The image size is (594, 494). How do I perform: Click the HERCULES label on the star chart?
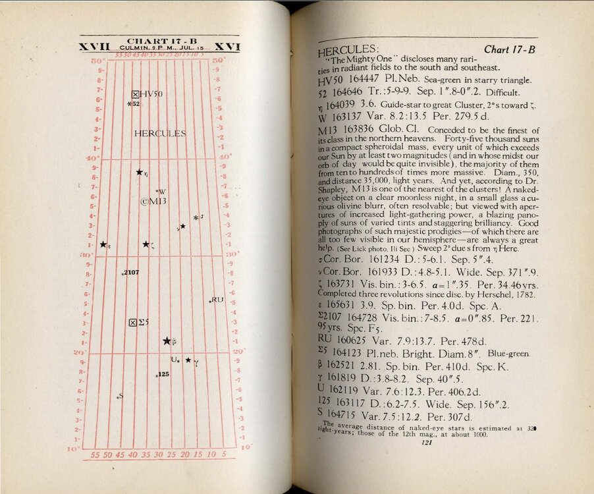160,134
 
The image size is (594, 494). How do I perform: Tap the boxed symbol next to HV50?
135,94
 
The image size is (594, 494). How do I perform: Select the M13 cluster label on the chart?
152,202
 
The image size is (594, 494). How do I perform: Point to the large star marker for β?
167,341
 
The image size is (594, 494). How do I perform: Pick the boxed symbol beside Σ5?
133,322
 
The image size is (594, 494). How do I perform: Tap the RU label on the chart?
218,300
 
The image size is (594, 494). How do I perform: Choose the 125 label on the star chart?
164,374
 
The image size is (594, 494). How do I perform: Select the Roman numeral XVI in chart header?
227,47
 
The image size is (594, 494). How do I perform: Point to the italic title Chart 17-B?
509,49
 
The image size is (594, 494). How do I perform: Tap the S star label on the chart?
121,395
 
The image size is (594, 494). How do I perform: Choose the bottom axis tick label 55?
95,454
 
